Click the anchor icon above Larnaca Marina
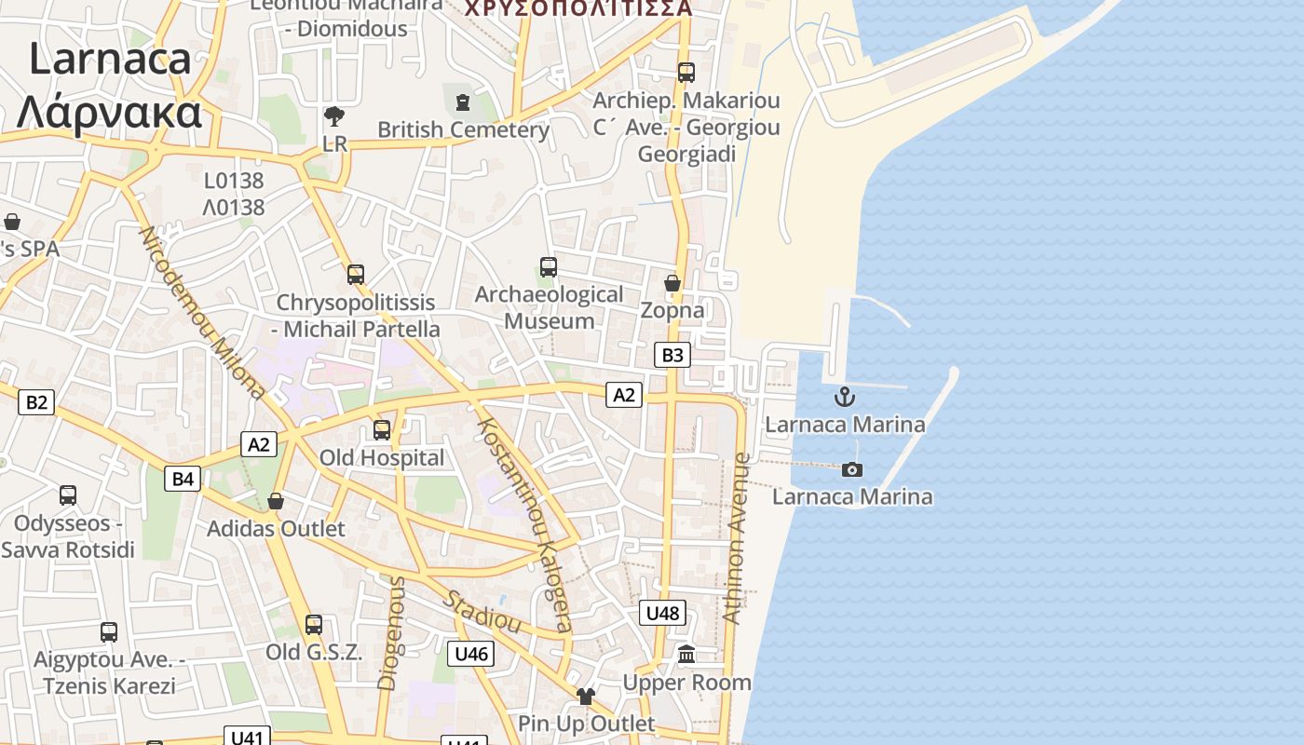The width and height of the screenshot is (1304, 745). pos(844,397)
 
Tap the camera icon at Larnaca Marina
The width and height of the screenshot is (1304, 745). pos(852,469)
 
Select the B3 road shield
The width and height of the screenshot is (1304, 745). pos(672,355)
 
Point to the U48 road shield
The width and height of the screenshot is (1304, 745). pos(663,613)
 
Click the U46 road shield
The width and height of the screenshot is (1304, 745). pos(471,654)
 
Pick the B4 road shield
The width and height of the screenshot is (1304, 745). pos(183,479)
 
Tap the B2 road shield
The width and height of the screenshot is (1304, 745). pos(35,402)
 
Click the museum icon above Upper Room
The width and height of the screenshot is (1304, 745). pos(687,655)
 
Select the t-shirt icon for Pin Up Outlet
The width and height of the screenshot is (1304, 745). pos(585,696)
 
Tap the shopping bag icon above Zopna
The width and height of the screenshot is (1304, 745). pos(672,283)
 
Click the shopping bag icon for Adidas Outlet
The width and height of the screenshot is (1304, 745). pos(276,502)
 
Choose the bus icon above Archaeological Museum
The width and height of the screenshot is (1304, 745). pos(549,267)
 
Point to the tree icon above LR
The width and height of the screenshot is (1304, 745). pos(333,116)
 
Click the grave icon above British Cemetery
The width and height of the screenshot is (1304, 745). pos(463,102)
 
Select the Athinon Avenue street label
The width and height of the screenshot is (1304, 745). pos(736,537)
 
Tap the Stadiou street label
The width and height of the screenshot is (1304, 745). pos(482,611)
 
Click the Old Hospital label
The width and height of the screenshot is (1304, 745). pos(382,458)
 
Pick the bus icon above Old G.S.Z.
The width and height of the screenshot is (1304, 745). pos(314,625)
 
